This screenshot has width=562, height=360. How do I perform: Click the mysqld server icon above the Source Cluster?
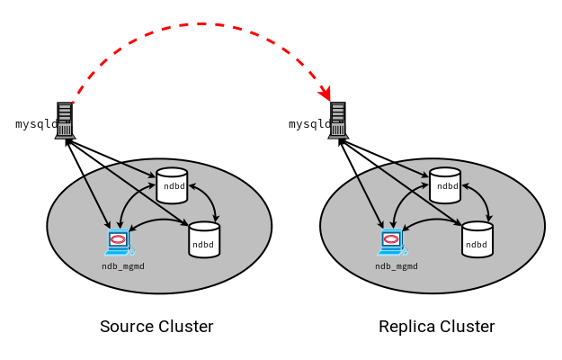point(65,121)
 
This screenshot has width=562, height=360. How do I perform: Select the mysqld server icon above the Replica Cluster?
point(338,121)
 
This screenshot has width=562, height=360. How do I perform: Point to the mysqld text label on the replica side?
point(308,124)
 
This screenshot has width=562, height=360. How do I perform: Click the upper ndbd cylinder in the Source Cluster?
point(172,185)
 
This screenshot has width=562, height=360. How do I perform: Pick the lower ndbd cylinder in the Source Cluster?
point(204,240)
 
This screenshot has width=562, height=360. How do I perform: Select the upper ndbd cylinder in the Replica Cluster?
point(445,185)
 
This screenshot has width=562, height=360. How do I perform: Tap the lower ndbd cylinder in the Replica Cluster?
point(477,240)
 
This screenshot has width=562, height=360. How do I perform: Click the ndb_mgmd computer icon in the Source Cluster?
point(118,240)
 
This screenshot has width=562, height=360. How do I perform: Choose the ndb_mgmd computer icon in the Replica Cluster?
point(391,240)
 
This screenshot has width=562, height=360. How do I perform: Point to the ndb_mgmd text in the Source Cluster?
point(123,266)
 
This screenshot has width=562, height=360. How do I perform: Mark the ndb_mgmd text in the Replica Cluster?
point(397,266)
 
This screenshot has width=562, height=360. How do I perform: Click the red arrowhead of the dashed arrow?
point(326,94)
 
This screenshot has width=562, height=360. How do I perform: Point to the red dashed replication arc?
point(201,24)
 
